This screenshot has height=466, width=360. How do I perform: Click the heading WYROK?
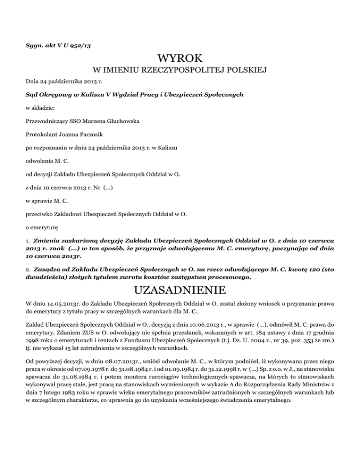coord(180,60)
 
